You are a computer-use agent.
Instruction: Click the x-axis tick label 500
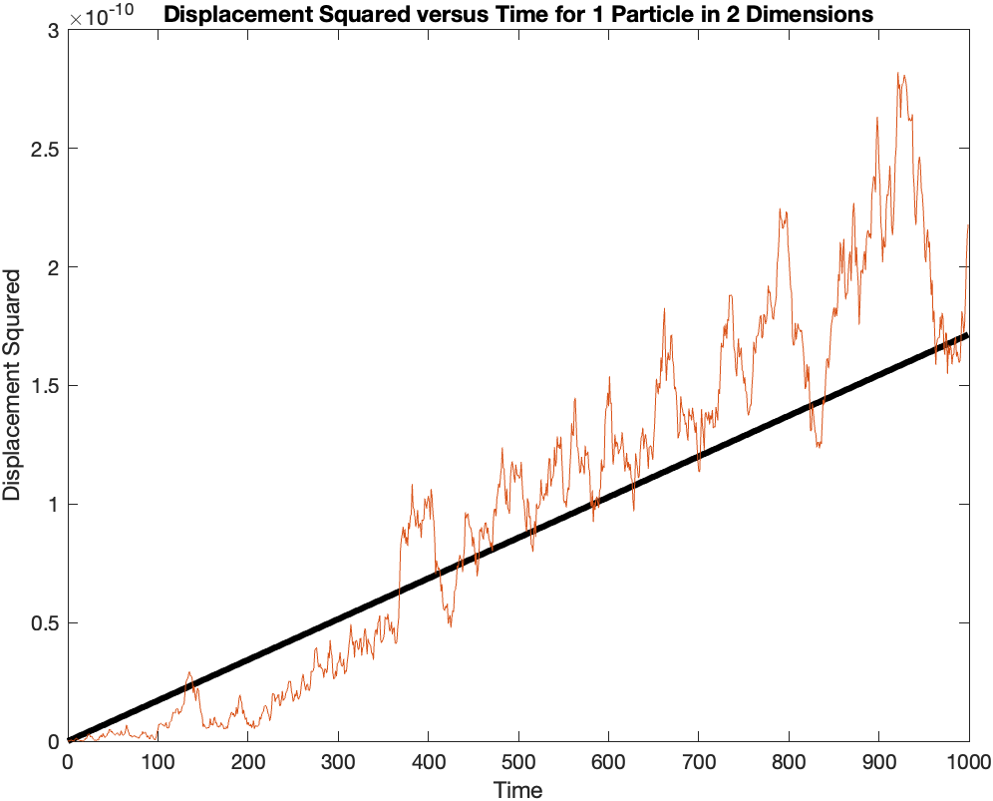pyautogui.click(x=518, y=763)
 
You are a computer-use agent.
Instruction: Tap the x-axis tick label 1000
pyautogui.click(x=968, y=763)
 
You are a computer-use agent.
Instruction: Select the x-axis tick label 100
pyautogui.click(x=158, y=763)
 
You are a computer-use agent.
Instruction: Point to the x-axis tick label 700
pyautogui.click(x=698, y=763)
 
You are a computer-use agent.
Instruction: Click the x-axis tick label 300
pyautogui.click(x=338, y=763)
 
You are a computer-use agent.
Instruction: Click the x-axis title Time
pyautogui.click(x=518, y=790)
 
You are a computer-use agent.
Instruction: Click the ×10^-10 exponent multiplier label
pyautogui.click(x=103, y=15)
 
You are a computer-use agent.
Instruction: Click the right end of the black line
pyautogui.click(x=968, y=335)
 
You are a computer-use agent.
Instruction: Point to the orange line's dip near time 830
pyautogui.click(x=818, y=446)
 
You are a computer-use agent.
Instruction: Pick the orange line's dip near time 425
pyautogui.click(x=451, y=625)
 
